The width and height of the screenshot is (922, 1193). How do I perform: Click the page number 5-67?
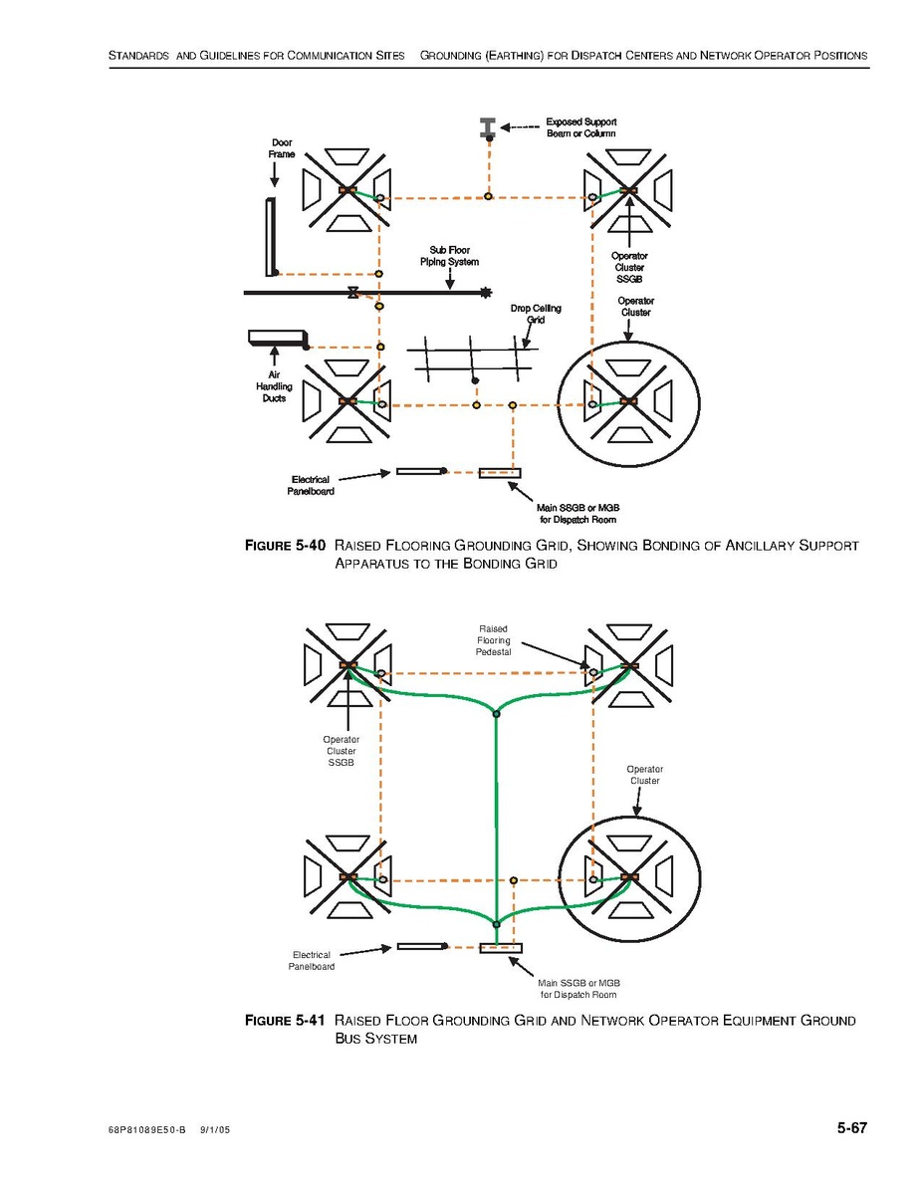click(851, 1128)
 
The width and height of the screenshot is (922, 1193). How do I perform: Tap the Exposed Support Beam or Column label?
click(580, 127)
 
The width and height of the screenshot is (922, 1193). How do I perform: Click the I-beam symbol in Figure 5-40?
click(488, 127)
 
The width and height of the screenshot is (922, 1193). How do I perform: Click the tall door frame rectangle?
click(271, 237)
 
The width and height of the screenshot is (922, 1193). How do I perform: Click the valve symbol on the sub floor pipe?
click(352, 293)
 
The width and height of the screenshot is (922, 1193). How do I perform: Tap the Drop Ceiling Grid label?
click(536, 314)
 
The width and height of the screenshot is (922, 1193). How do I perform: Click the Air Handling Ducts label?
click(275, 386)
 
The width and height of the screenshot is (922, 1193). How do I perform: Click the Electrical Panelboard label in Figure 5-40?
click(312, 485)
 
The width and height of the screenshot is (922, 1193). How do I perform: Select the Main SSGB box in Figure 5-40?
click(499, 472)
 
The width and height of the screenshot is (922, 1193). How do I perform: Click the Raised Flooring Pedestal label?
click(493, 640)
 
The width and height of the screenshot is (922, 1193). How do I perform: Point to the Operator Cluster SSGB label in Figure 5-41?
click(342, 751)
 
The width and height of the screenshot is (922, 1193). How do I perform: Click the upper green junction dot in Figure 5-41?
click(496, 713)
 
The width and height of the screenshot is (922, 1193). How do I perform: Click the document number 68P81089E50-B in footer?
click(147, 1132)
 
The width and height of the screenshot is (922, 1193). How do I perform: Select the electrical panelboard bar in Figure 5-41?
click(419, 945)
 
